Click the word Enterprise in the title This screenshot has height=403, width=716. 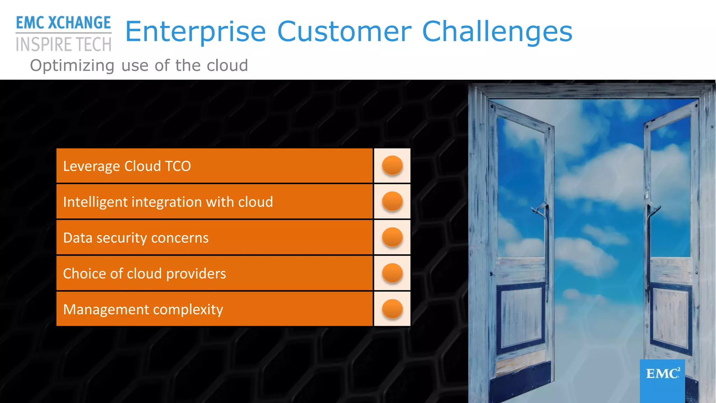tap(196, 32)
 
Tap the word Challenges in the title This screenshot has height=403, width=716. tap(497, 32)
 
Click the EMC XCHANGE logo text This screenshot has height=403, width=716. tap(63, 23)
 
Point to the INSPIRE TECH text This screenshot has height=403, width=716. tap(63, 45)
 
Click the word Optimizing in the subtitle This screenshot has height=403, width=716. tap(72, 66)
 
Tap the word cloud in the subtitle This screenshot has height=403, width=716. tap(227, 65)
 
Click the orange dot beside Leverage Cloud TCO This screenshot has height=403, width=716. tap(392, 165)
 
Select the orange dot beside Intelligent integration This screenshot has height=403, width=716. tap(392, 201)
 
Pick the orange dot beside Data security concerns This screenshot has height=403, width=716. tap(392, 237)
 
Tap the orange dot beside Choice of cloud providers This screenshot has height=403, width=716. tap(392, 273)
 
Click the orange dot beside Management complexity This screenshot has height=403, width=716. tap(392, 309)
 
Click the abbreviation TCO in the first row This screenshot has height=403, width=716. tap(178, 166)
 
